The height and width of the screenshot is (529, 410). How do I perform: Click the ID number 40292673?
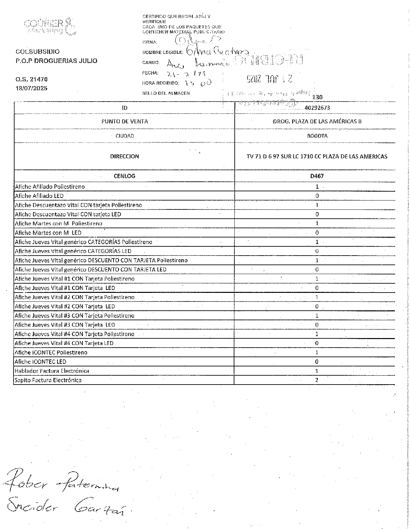[317, 108]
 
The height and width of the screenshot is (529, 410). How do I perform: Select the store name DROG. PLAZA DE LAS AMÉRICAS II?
[317, 121]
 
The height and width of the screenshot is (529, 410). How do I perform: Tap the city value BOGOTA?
[317, 136]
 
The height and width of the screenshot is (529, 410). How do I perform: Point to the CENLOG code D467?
[317, 176]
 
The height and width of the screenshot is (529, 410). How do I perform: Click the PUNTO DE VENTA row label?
[124, 121]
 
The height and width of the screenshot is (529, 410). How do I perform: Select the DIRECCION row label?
[124, 156]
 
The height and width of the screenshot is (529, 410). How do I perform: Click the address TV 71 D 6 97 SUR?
[317, 156]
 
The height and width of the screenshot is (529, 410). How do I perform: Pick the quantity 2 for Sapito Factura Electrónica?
[317, 380]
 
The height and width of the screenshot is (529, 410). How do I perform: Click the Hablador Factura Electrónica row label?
[52, 371]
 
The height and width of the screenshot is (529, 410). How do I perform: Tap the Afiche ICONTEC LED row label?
[40, 362]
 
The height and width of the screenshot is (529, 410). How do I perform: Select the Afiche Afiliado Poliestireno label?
[50, 187]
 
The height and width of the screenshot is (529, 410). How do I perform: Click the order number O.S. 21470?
[32, 79]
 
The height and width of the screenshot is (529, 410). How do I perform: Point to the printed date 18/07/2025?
[32, 88]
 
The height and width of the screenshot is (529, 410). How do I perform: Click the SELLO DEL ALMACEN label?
[166, 93]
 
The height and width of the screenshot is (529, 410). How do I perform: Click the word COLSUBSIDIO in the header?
[38, 52]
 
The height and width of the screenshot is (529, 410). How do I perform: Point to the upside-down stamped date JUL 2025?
[269, 79]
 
